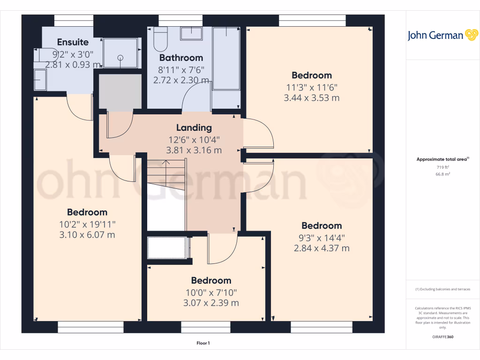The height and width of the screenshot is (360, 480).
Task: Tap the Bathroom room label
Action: (x=181, y=58)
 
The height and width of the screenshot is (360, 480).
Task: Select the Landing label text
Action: (x=194, y=127)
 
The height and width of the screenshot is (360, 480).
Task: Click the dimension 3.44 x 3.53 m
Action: (x=311, y=98)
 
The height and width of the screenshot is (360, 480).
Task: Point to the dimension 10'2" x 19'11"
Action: (x=87, y=224)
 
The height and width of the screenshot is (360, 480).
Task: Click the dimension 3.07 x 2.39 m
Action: (x=211, y=303)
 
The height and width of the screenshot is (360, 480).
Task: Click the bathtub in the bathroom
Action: (x=226, y=58)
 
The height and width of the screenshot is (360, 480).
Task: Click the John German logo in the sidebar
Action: (x=442, y=35)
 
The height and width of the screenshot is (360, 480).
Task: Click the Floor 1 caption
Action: (x=203, y=344)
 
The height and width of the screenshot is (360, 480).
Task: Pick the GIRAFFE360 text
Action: (x=442, y=337)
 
